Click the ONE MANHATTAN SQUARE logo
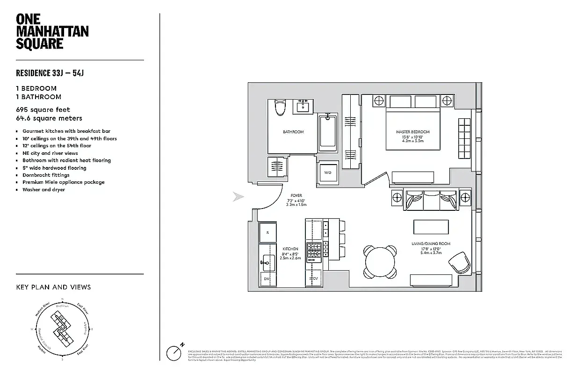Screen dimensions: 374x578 pos(52,31)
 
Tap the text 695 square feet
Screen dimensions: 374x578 pos(43,110)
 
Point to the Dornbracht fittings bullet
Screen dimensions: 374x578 pos(46,175)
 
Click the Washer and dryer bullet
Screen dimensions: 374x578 pos(43,190)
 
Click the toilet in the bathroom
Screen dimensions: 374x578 pos(280,108)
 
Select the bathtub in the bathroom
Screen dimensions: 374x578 pos(328,133)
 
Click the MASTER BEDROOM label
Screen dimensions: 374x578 pos(412,132)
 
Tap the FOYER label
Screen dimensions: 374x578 pos(296,195)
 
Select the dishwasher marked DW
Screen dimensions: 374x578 pos(267,279)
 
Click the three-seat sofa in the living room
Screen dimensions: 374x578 pos(430,201)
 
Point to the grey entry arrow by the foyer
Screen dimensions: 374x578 pos(238,197)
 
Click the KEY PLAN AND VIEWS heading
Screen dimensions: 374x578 pos(53,287)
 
